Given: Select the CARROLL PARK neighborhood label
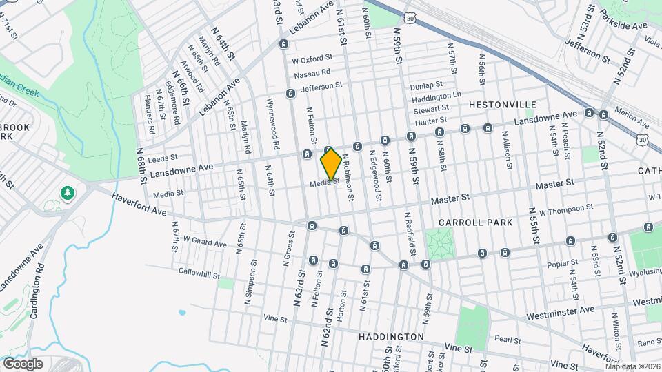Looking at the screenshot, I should pos(475,223).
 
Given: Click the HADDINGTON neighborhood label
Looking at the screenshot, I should pos(391,337).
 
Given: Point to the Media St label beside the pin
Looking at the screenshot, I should pos(324,183).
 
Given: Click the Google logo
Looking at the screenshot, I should pos(23,363).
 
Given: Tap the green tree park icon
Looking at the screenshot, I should pos(68,192).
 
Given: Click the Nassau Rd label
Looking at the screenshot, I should pos(312,73).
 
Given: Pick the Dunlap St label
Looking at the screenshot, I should pos(425,85).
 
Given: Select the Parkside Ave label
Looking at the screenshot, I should pos(623,26).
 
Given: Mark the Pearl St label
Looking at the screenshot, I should pos(507,339).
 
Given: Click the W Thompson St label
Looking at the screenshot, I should pos(566,207).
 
